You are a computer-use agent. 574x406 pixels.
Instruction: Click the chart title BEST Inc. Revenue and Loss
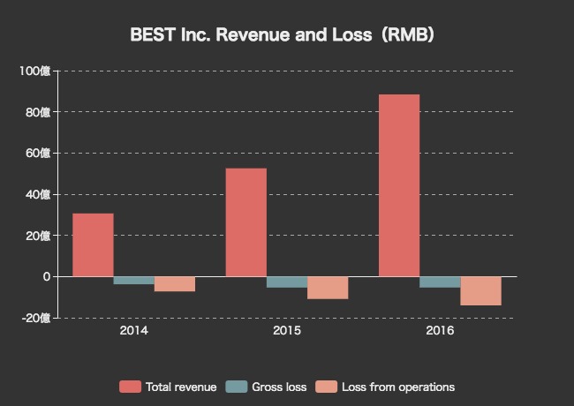[x=282, y=35]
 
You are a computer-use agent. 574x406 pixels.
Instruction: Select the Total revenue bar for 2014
[x=93, y=244]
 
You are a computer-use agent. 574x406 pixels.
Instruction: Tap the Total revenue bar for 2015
[x=245, y=222]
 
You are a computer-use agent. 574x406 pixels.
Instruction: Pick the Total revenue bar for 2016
[x=399, y=185]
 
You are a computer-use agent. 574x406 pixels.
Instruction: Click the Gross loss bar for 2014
[x=133, y=281]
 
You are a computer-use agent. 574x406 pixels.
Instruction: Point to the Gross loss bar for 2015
[x=287, y=282]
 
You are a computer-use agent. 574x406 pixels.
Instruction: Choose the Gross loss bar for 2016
[x=440, y=282]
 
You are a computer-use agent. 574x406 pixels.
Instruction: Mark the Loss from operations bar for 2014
[x=174, y=284]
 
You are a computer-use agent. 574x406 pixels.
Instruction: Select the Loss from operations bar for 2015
[x=328, y=288]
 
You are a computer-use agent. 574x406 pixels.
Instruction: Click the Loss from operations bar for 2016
[x=480, y=291]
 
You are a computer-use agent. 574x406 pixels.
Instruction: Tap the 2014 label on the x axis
[x=133, y=331]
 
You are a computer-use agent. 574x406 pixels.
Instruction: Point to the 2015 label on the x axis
[x=287, y=331]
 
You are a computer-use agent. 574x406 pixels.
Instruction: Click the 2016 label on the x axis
[x=440, y=331]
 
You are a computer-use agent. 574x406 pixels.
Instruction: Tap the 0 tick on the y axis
[x=46, y=276]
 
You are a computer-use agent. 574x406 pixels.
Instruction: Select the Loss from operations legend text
[x=398, y=387]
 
